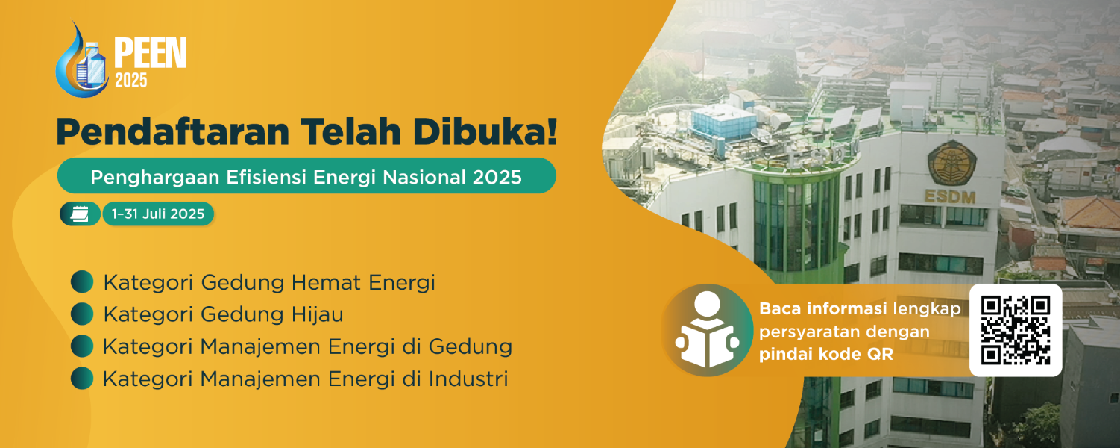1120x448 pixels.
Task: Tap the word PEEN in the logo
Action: point(149,54)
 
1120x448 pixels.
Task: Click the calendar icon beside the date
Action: point(80,214)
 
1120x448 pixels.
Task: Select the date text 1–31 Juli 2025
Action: point(158,214)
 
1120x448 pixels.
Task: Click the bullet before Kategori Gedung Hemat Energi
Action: point(82,282)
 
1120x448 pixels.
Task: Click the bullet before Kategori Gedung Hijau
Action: point(82,314)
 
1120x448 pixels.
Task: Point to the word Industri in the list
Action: point(468,379)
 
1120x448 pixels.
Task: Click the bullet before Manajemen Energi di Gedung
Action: point(82,346)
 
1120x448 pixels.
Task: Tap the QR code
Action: point(1016,329)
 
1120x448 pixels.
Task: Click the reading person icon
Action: point(707,329)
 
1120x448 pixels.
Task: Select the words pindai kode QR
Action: point(825,355)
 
